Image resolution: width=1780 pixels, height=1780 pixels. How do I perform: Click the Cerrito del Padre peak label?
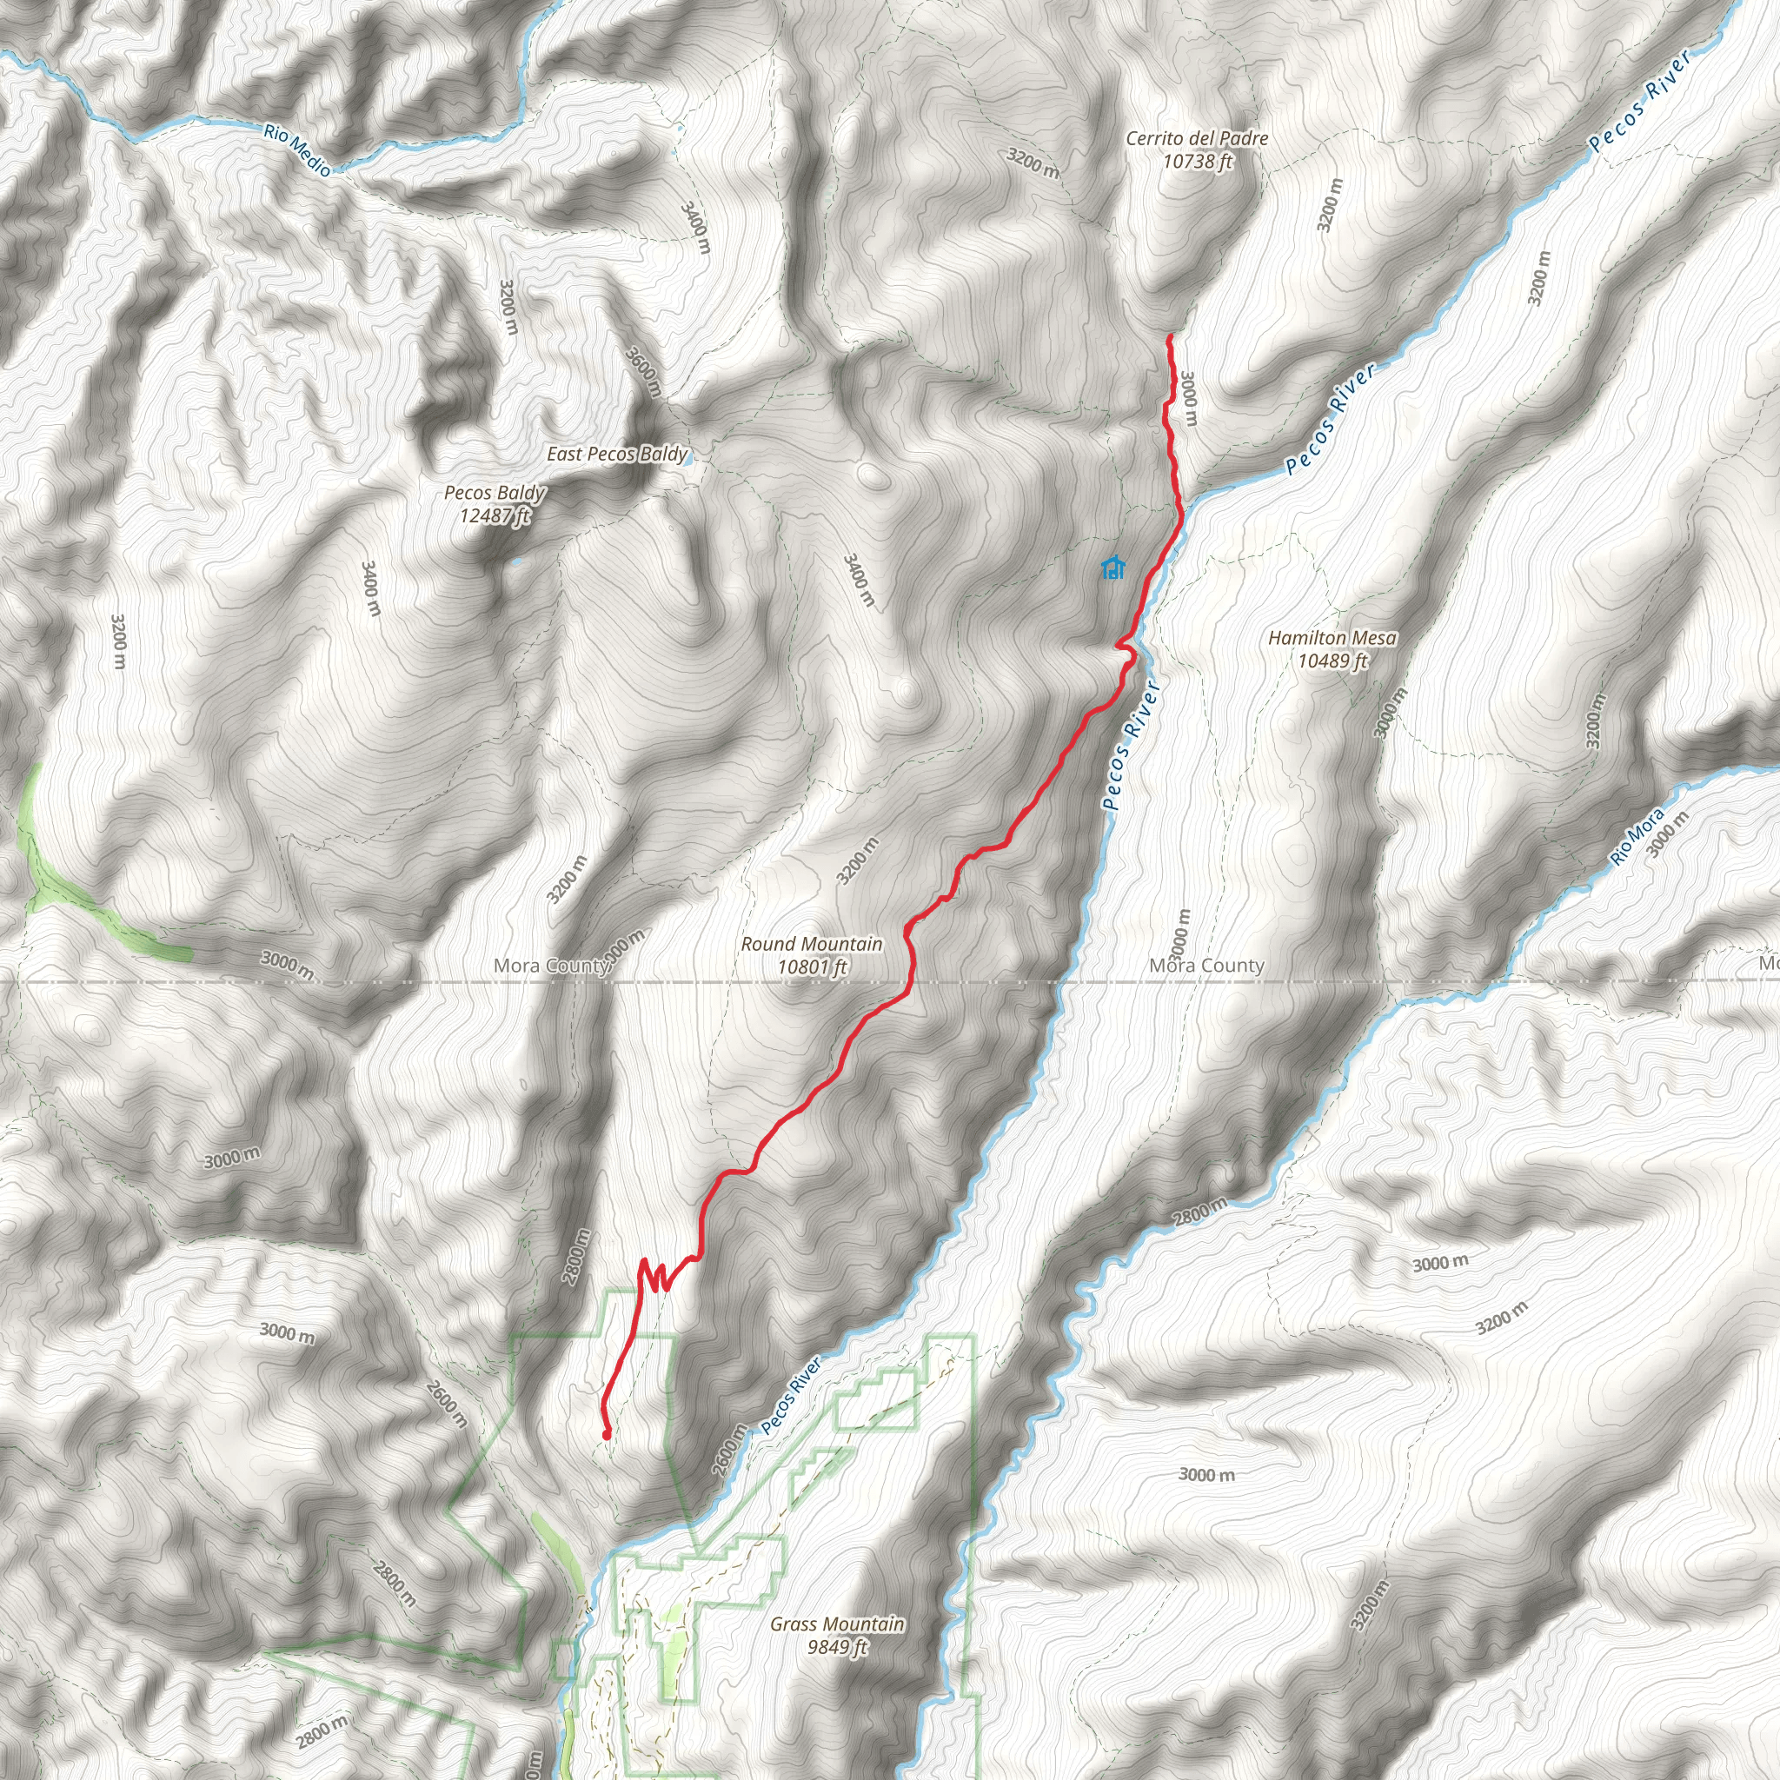click(x=1197, y=149)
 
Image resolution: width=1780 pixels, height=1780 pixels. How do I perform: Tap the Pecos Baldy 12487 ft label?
click(x=495, y=504)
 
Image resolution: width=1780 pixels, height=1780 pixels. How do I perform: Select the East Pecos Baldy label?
click(x=616, y=455)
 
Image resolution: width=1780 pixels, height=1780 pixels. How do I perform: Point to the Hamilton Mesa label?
click(x=1332, y=648)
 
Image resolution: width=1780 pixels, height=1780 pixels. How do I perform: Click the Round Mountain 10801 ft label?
click(x=812, y=955)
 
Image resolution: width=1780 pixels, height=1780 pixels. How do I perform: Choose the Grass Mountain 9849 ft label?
click(x=837, y=1635)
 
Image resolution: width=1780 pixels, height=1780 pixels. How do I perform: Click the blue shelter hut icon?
click(x=1113, y=568)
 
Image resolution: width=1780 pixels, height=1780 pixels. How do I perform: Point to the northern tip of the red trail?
click(x=1169, y=338)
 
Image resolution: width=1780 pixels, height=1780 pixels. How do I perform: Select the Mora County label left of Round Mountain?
click(x=551, y=966)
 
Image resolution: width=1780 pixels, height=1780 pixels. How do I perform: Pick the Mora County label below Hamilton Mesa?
click(x=1206, y=966)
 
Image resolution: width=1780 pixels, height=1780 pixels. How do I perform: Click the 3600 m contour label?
click(x=644, y=371)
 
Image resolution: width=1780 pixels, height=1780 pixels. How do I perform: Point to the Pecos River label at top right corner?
click(x=1641, y=102)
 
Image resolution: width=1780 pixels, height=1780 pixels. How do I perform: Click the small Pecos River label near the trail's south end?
click(x=791, y=1396)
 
